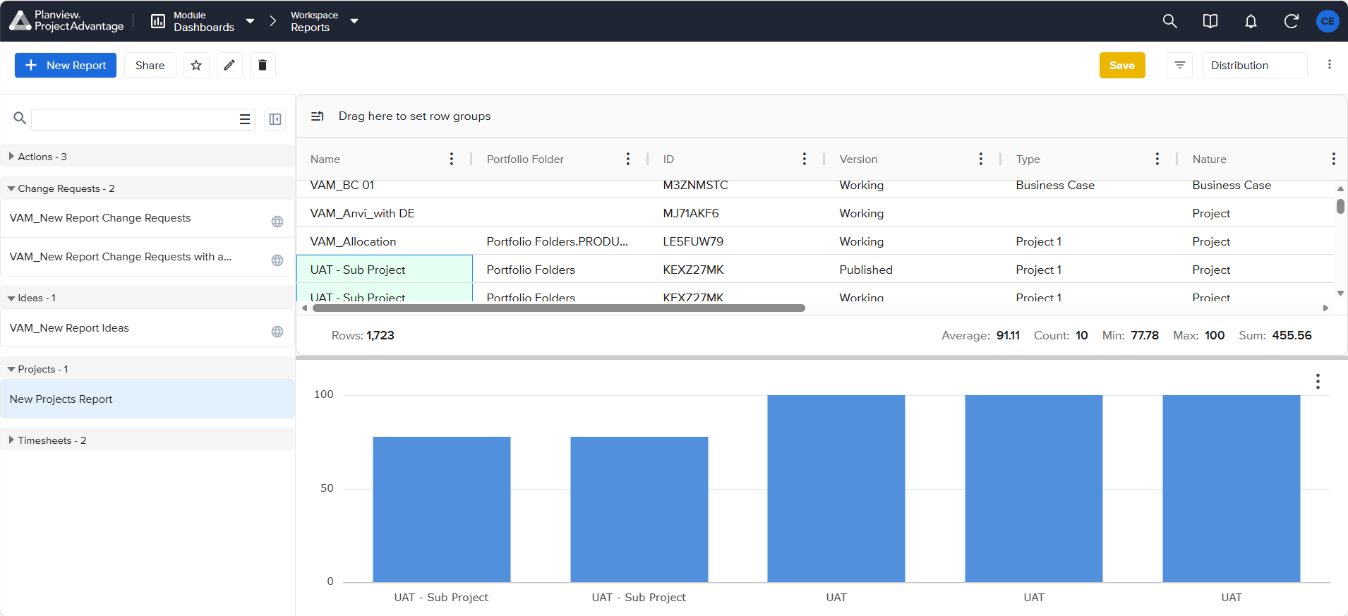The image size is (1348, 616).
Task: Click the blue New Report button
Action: [x=66, y=65]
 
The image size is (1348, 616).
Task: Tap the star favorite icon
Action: [x=196, y=65]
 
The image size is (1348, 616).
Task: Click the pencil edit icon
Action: [x=229, y=65]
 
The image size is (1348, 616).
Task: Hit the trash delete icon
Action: [x=263, y=65]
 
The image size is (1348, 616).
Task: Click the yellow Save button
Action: [x=1122, y=66]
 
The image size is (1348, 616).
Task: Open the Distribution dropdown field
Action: [x=1254, y=66]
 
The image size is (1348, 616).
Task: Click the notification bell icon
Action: [x=1251, y=21]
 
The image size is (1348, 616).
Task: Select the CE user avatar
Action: [x=1328, y=21]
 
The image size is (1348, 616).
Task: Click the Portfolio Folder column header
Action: [x=525, y=159]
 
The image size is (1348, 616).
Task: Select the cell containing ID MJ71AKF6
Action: [x=691, y=213]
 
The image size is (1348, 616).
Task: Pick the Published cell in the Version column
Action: [x=866, y=270]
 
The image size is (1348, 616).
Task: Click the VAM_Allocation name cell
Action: [x=353, y=241]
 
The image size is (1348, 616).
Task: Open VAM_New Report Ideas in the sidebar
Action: [x=69, y=328]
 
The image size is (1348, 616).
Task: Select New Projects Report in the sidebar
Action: [x=61, y=399]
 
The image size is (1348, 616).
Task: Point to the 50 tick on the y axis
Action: [x=327, y=488]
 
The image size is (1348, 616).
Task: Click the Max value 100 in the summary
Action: [x=1215, y=335]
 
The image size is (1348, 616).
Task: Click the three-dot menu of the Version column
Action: [x=980, y=159]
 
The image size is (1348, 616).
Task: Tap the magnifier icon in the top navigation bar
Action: [x=1170, y=21]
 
